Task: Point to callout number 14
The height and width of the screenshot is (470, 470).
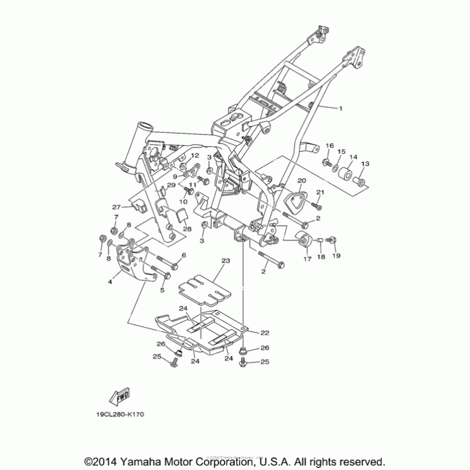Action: [x=353, y=157]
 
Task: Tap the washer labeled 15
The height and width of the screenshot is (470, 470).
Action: [x=335, y=169]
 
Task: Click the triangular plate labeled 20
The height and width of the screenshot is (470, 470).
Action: [x=296, y=199]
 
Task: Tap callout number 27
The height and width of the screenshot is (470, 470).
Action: [x=116, y=207]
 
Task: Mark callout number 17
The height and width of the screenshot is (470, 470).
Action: [x=306, y=258]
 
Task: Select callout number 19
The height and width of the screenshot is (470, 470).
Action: [x=337, y=256]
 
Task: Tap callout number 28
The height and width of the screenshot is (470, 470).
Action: [x=187, y=229]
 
